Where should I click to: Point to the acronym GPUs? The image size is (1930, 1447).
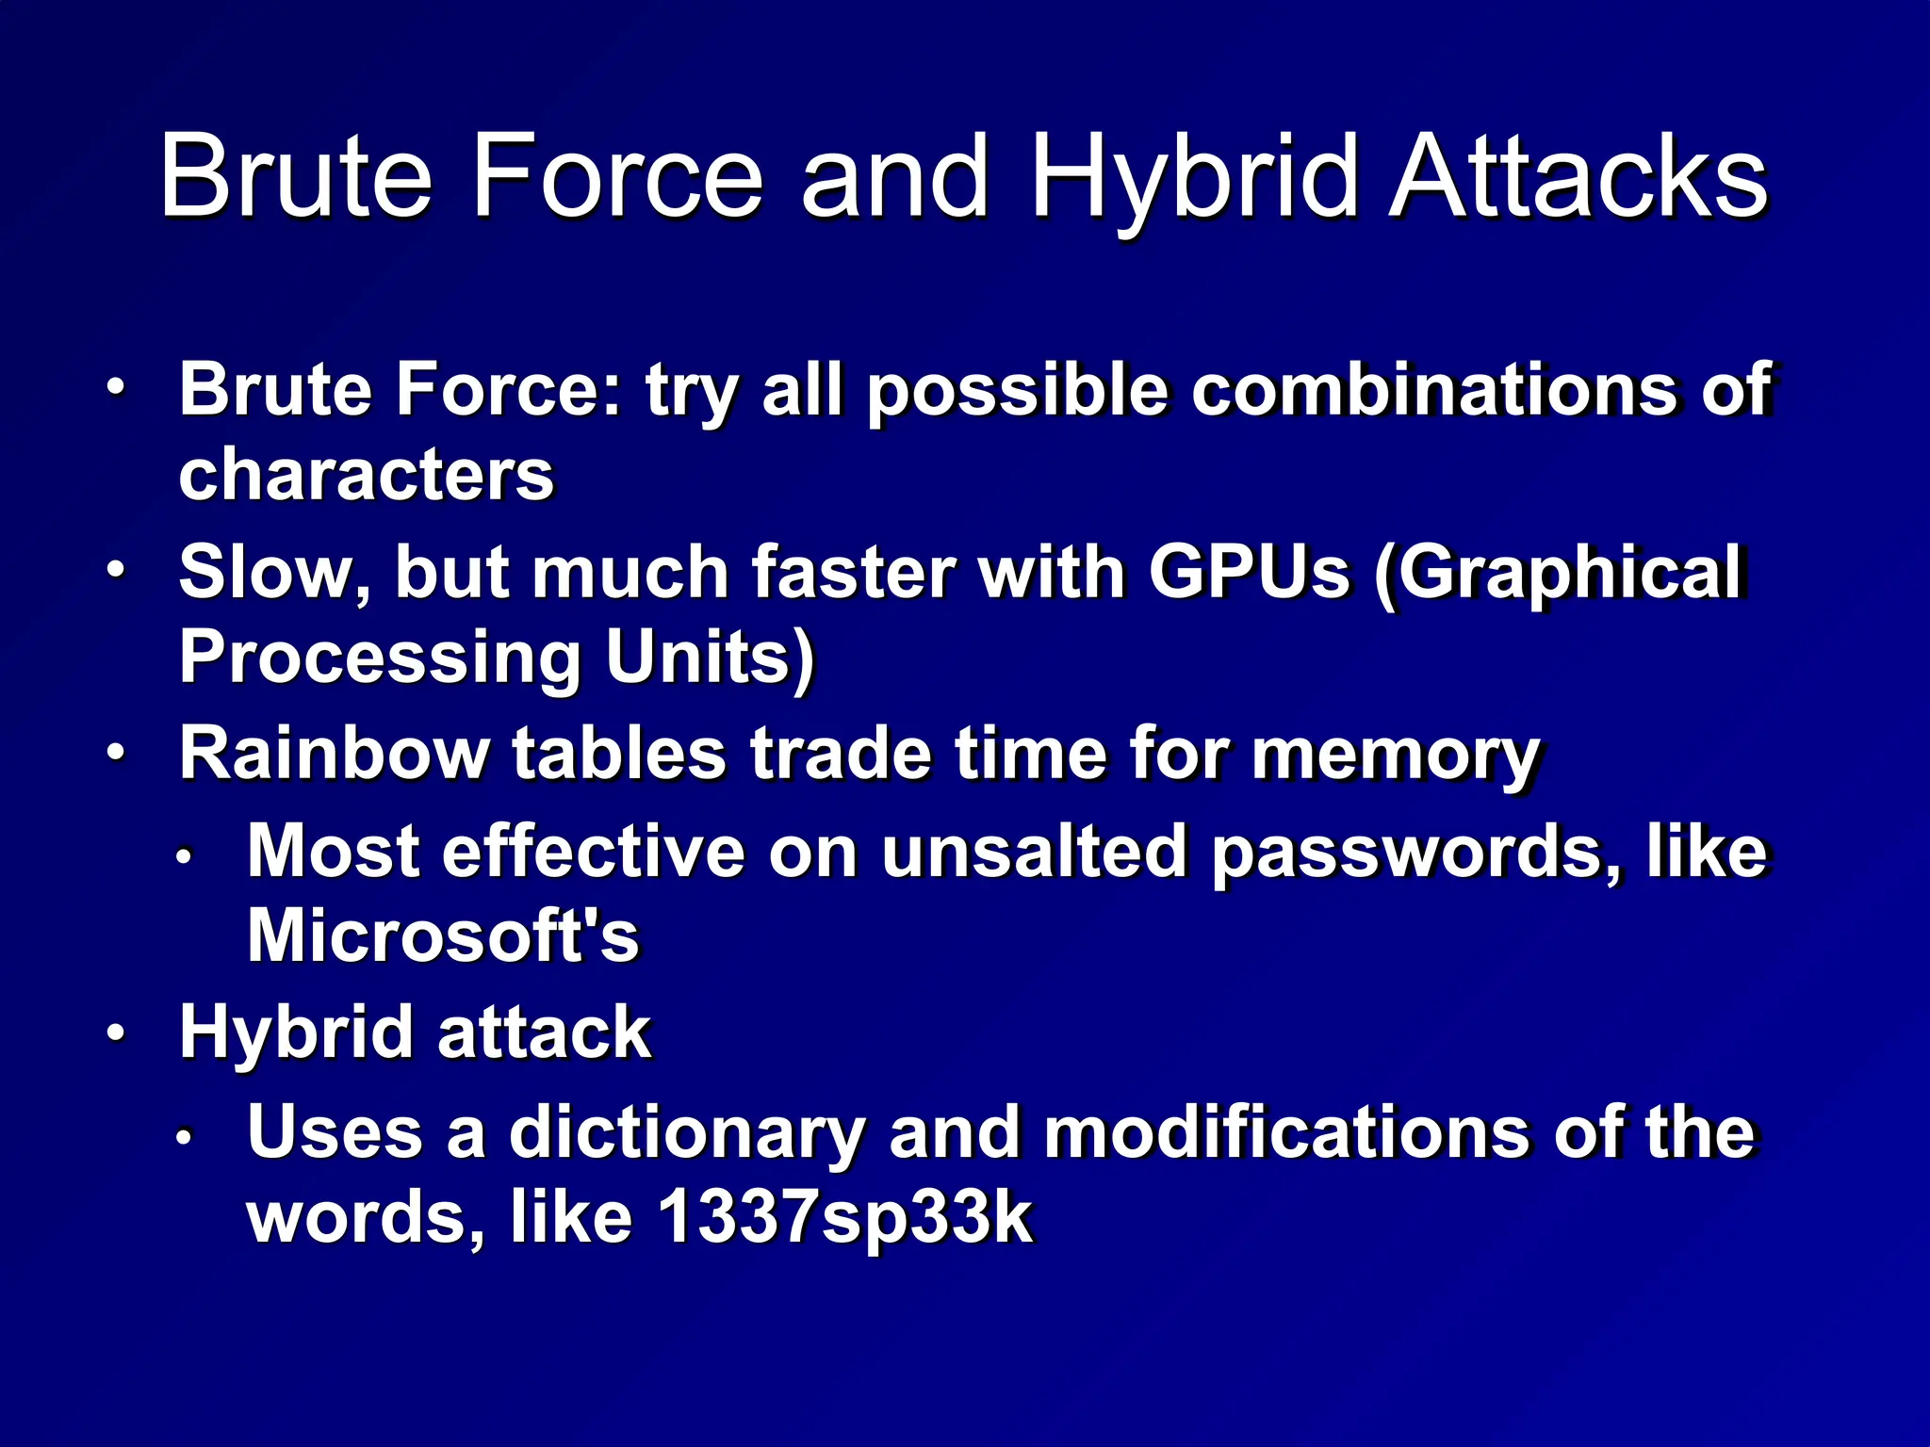coord(1249,572)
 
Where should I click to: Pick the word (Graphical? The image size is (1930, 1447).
coord(1559,572)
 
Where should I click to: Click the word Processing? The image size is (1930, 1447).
coord(380,658)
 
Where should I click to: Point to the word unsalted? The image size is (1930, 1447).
coord(1033,852)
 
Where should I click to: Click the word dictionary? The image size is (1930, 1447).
coord(686,1132)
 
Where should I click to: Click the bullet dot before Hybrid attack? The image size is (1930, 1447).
coord(115,1033)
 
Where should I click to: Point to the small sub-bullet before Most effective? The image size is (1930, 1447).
coord(185,856)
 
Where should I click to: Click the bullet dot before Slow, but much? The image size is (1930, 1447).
coord(115,571)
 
